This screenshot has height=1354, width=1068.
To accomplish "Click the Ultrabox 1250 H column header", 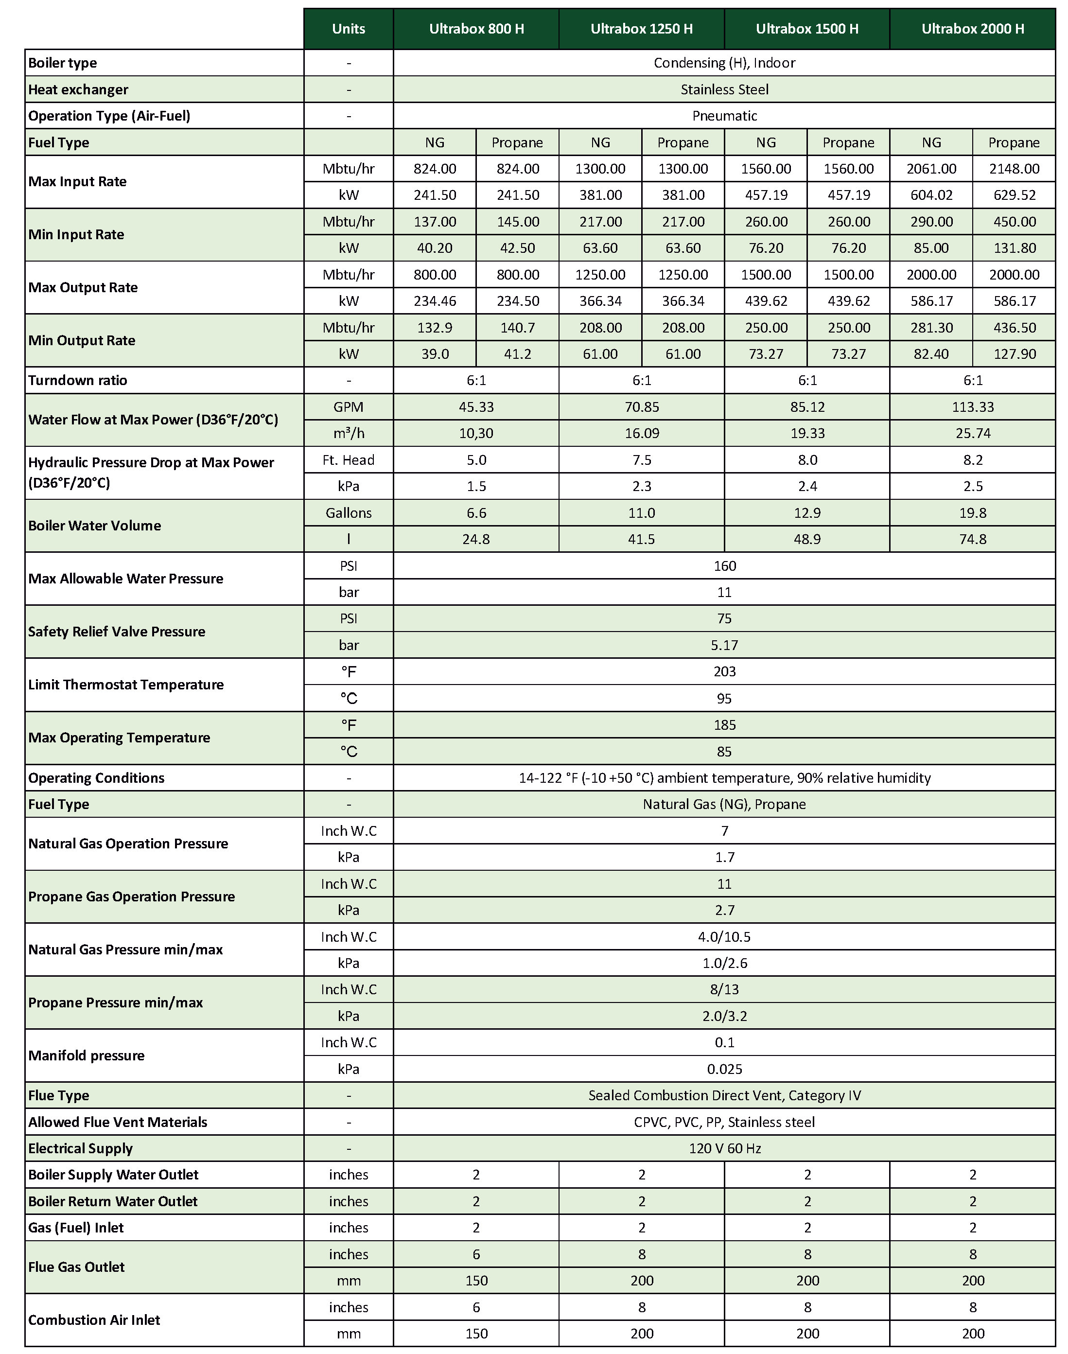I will [642, 29].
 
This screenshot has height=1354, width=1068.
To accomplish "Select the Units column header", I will [348, 29].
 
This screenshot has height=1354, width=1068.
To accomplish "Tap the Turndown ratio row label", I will [78, 380].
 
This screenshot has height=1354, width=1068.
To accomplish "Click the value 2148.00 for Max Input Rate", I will [1014, 169].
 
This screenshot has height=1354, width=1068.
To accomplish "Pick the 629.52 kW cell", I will [1014, 195].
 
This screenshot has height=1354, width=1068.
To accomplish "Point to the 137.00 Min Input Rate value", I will [435, 222].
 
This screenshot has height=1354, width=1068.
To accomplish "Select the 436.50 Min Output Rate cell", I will [1014, 328].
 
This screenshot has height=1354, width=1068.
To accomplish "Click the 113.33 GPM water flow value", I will [972, 407].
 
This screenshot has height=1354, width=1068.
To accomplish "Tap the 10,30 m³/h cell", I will [476, 433].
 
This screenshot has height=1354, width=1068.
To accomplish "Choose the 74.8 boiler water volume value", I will [972, 539].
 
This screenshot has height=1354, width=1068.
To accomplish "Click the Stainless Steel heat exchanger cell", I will [724, 89].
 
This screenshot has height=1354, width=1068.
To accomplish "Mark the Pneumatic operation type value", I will [724, 116].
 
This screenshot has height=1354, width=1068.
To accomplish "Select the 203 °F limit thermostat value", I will [724, 672].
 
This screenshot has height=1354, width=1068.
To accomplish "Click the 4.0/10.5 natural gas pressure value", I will [724, 937].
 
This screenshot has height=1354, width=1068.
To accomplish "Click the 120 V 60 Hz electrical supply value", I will [724, 1148].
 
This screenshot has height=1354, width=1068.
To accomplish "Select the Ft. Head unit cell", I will [348, 460].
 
